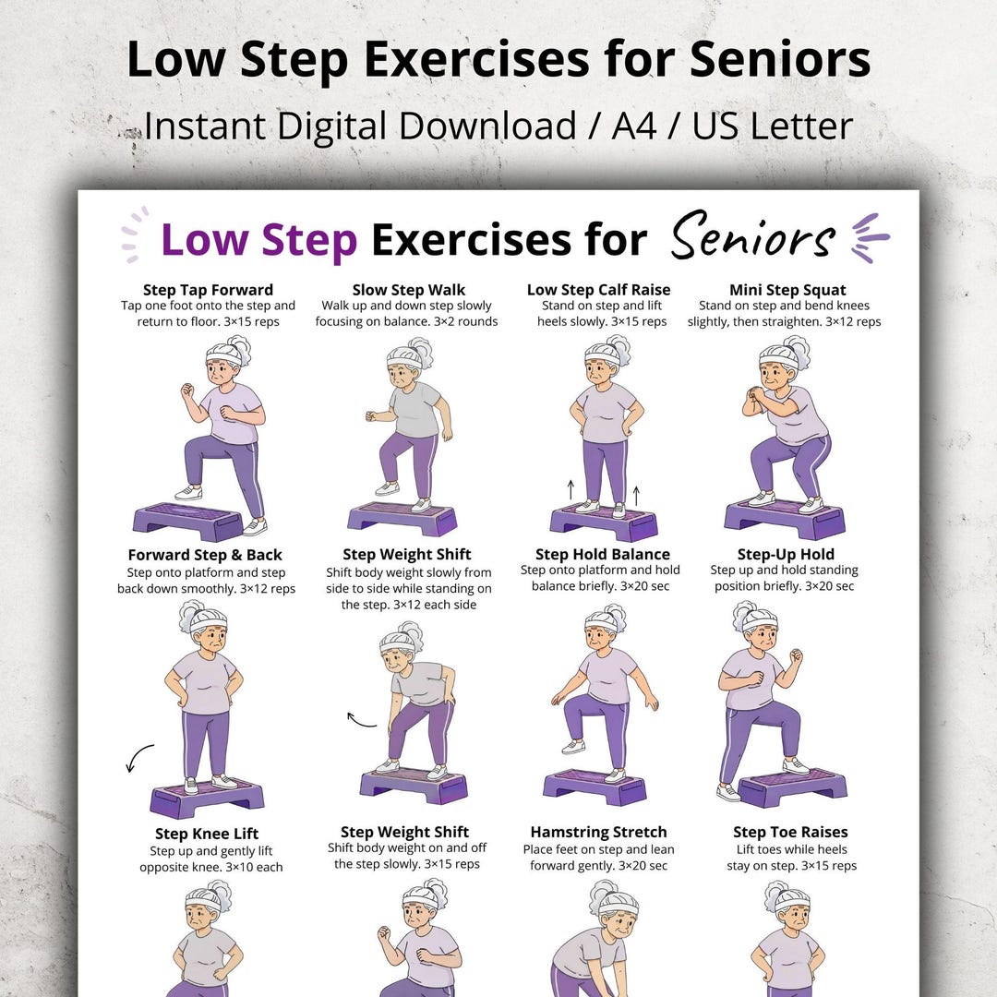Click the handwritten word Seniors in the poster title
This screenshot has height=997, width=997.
point(753,236)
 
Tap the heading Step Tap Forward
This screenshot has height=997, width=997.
point(208,290)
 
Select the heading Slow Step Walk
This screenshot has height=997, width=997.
point(409,290)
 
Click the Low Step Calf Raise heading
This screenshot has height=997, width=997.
point(598,290)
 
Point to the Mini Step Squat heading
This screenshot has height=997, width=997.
point(787,290)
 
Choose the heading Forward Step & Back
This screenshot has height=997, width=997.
point(205,555)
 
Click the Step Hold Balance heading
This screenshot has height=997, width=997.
point(602,555)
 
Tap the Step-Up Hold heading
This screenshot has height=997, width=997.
point(786,555)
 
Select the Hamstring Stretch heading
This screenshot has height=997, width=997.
point(598,832)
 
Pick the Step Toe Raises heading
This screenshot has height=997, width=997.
point(789,832)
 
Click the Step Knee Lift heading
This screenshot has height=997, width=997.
point(207,834)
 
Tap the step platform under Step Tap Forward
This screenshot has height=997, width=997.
point(188,520)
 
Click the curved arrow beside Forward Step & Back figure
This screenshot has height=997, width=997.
point(138,757)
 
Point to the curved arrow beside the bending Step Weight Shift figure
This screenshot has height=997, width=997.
point(360,720)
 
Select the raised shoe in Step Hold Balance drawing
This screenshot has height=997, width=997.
point(573,747)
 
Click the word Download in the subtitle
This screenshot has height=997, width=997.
point(487,126)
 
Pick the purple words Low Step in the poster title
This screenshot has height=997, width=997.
point(258,240)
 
